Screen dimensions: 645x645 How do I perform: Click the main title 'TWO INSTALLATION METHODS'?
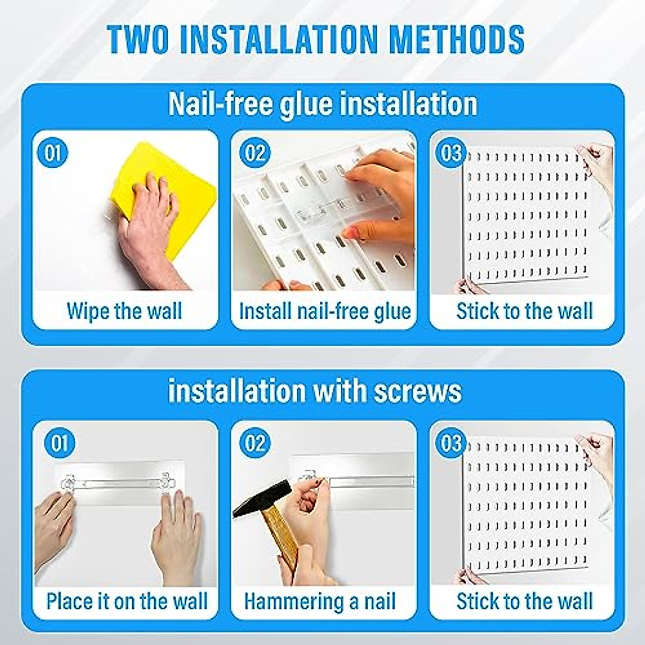coord(316,39)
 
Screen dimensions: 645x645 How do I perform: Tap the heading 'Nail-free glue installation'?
coord(322,104)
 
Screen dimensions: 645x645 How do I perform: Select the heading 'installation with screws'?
coord(315,391)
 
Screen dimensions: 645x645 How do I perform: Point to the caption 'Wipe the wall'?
coord(124,311)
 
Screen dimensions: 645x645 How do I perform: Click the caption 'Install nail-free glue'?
coord(325,311)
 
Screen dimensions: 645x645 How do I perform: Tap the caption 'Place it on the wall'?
coord(126,601)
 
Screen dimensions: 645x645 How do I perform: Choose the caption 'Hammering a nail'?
coord(320,601)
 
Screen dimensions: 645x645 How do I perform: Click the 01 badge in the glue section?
coord(53,153)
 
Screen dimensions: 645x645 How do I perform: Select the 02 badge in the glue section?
coord(254,153)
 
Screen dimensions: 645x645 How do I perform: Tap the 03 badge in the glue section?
coord(450,153)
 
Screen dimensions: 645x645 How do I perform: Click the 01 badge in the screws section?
coord(60,443)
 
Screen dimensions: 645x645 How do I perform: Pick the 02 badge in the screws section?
coord(254,443)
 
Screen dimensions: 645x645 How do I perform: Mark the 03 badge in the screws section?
coord(450,443)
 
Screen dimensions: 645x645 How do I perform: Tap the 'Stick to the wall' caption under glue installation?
coord(524,311)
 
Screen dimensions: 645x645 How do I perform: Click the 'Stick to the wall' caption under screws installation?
coord(524,601)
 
